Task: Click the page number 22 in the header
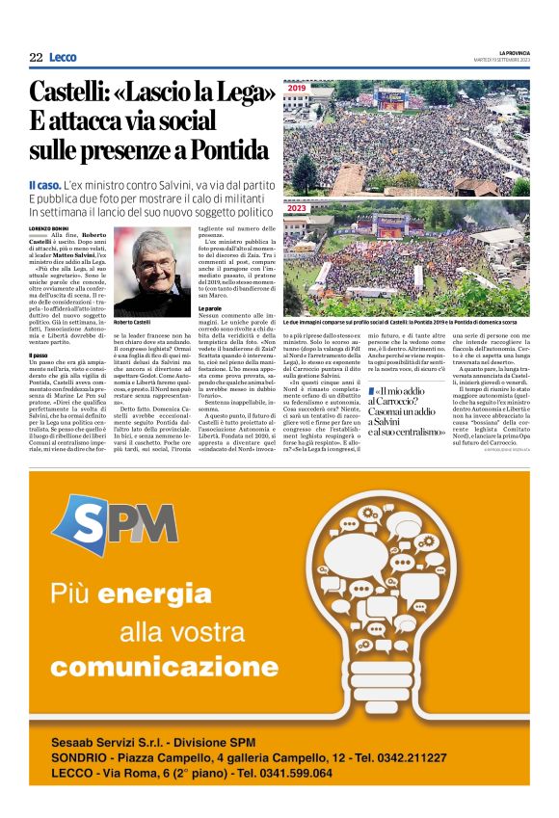pyautogui.click(x=36, y=58)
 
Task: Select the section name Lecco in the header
pyautogui.click(x=63, y=58)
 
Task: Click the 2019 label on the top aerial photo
pyautogui.click(x=296, y=90)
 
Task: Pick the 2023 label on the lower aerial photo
pyautogui.click(x=296, y=208)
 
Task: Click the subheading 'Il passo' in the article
pyautogui.click(x=38, y=355)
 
